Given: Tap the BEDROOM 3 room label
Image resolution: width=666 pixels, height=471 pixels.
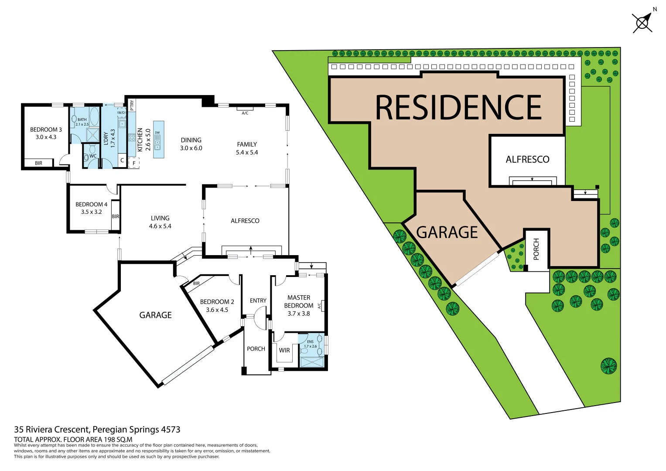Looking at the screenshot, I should pos(46,130).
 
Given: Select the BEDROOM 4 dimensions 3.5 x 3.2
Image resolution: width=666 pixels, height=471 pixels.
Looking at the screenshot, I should pos(91,212).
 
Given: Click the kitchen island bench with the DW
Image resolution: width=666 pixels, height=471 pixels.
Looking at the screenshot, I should pos(158,139).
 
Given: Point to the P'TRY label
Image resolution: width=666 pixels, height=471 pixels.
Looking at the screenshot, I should pos(132,105).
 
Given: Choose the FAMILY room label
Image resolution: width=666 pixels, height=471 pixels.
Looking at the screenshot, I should pos(247,144).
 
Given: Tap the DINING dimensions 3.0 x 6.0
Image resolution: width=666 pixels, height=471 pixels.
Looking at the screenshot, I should pos(191,148).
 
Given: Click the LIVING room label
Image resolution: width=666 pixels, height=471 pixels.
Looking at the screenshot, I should pos(160,218).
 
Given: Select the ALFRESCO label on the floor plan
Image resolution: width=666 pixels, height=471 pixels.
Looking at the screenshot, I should pos(245,221).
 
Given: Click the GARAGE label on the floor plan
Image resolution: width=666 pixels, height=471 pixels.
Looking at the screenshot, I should pos(155,315).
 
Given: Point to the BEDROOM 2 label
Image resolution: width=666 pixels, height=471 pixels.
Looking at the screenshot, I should pos(217,302).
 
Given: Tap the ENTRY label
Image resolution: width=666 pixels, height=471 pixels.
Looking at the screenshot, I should pos(258,301).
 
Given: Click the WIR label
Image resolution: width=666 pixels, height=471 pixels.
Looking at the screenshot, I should pos(284,350).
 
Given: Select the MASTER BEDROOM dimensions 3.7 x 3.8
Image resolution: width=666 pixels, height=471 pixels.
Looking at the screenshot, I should pos(299,314).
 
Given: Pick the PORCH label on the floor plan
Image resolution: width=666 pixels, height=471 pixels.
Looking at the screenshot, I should pos(256,349).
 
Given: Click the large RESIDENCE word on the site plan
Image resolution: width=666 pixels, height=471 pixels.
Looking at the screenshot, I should pos(458,107).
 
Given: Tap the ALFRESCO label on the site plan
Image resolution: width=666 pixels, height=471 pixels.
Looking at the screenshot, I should pos(527,160).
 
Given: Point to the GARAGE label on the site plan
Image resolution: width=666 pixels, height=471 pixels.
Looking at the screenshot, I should pos(447,232).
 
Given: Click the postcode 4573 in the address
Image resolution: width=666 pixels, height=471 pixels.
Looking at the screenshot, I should pos(171,430).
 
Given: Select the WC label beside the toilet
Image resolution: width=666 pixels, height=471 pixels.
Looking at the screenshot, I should pos(93,156).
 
